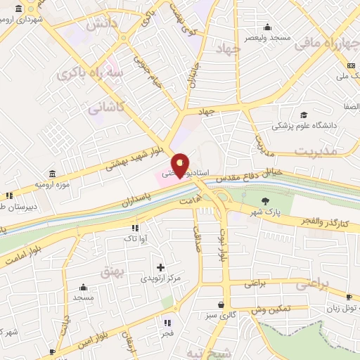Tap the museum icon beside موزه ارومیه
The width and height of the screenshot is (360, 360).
53,173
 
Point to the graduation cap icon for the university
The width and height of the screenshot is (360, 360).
303,115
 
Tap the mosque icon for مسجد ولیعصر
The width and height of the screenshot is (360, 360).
267,26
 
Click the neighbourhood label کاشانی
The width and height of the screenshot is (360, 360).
105,108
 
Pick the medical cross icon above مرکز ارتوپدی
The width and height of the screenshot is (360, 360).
161,267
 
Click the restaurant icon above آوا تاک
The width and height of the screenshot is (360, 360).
134,228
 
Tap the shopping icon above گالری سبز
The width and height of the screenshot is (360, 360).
222,305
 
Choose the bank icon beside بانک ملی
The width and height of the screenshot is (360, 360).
349,65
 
